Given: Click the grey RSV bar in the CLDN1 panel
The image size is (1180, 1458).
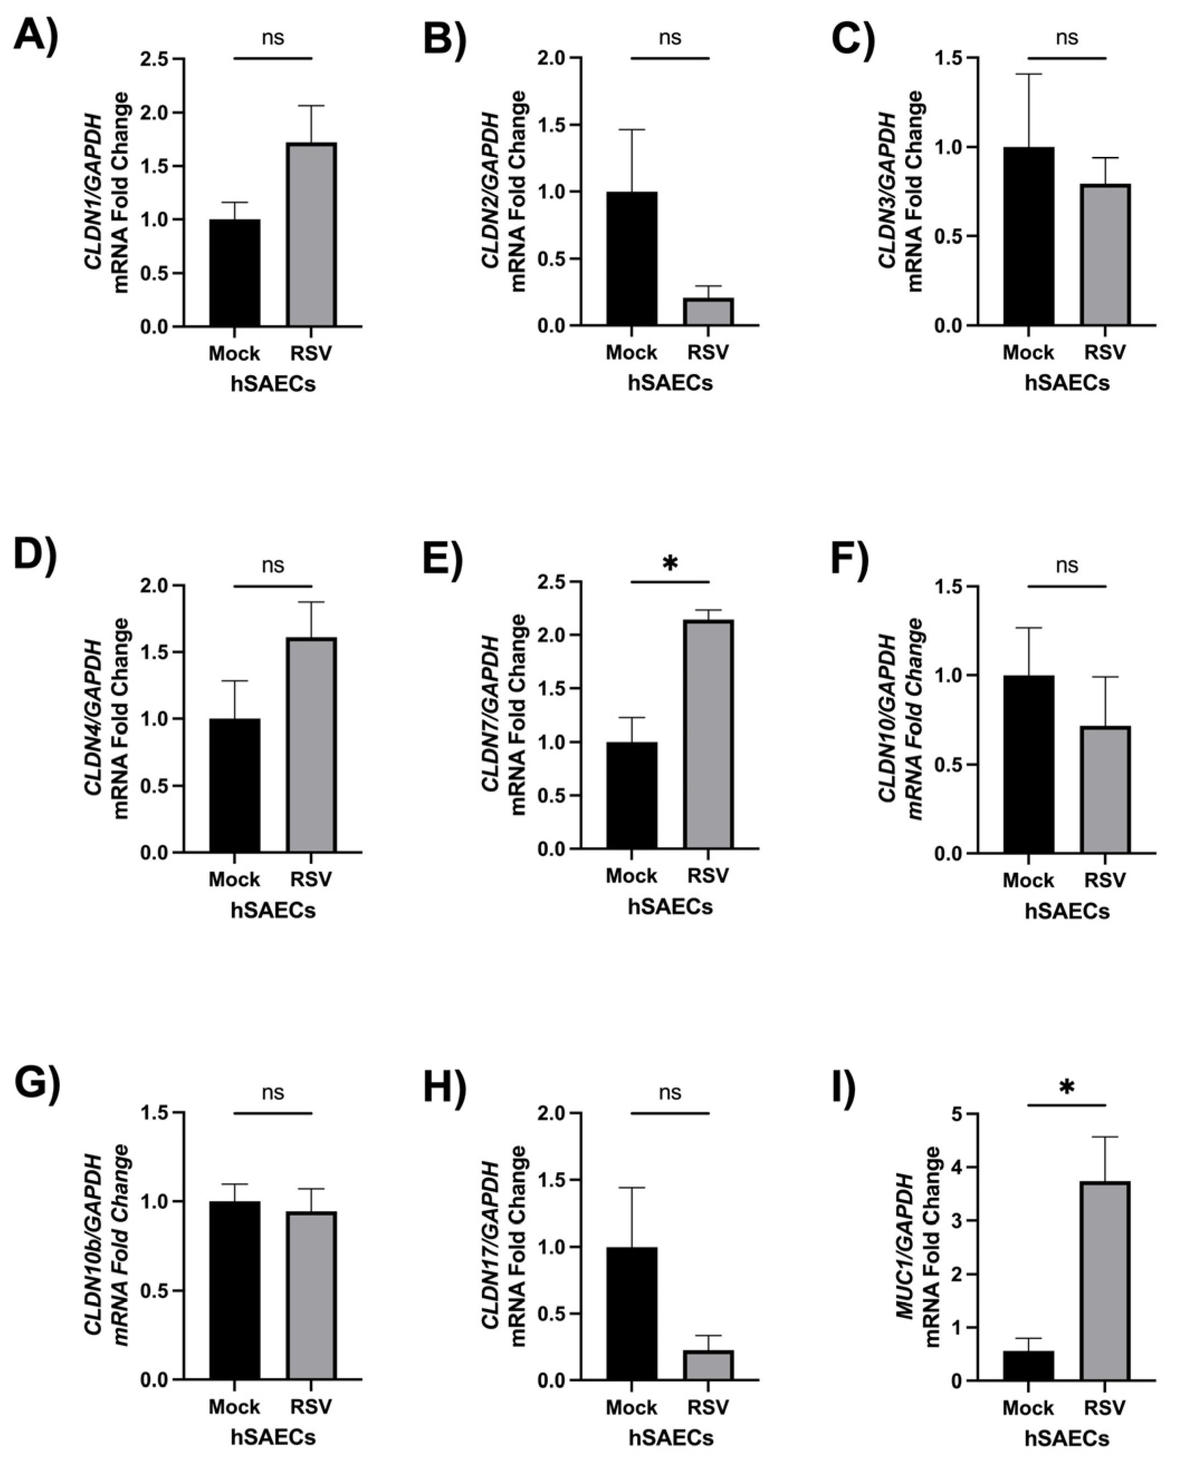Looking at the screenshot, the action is (310, 235).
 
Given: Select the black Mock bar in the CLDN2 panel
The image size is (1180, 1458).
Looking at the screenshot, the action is (632, 259).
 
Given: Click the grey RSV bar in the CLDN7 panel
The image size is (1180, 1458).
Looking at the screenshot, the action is (708, 734).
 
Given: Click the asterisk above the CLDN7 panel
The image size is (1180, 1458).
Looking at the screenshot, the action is (670, 563).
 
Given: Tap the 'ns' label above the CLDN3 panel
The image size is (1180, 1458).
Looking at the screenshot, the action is (1067, 37).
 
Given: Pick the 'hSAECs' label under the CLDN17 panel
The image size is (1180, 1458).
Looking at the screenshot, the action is (670, 1437).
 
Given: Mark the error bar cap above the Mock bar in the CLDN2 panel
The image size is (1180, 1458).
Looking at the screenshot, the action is (632, 129).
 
